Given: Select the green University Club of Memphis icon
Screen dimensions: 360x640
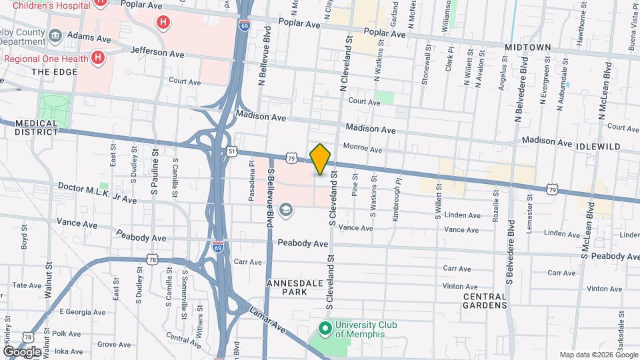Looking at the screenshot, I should [325, 329].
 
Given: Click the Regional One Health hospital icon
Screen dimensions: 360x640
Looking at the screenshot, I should [98, 58].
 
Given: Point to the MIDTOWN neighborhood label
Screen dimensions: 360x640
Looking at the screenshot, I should [527, 47].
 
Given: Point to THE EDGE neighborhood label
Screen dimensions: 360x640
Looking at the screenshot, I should [50, 72].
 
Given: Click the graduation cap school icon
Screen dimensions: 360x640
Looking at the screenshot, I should [286, 211].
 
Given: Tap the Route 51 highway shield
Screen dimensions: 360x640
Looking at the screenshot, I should [231, 151].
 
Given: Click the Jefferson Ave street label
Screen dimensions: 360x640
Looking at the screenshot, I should [157, 51].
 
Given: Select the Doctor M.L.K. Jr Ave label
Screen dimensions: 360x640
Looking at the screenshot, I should [97, 193].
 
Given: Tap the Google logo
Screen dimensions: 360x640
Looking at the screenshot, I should [21, 351].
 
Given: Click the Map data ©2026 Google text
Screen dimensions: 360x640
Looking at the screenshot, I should [598, 355].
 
